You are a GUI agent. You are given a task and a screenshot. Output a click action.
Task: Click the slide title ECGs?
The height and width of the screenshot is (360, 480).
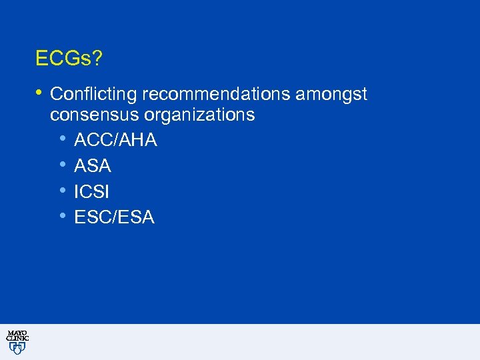[x=69, y=59]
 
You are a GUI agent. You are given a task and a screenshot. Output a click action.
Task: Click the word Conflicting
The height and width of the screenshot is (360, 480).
[x=93, y=95]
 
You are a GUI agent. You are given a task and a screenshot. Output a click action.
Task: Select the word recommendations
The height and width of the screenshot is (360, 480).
[x=216, y=95]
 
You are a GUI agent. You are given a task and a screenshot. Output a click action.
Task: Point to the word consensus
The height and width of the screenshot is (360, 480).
[x=90, y=115]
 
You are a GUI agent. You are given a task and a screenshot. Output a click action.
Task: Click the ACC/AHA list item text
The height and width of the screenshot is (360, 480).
[x=116, y=141]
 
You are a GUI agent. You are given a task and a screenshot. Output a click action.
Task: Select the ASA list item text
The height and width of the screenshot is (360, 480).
[x=93, y=166]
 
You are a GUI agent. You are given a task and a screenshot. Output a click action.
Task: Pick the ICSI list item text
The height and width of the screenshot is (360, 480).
[x=92, y=192]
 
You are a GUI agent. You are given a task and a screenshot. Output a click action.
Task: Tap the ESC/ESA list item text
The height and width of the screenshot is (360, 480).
[x=115, y=217]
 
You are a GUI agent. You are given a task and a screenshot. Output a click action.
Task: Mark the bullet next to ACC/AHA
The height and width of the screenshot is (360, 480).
[x=62, y=139]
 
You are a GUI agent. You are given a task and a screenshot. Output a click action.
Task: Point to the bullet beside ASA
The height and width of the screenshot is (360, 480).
[x=62, y=165]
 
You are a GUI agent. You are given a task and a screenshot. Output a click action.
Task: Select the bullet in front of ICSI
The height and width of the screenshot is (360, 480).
[x=62, y=191]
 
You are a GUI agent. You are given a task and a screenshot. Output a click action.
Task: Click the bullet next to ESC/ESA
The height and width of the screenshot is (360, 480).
[x=62, y=216]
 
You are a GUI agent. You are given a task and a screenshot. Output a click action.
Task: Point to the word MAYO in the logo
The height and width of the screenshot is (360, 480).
[x=17, y=333]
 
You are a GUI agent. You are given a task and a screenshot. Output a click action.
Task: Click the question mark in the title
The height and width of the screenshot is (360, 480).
[x=98, y=59]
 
